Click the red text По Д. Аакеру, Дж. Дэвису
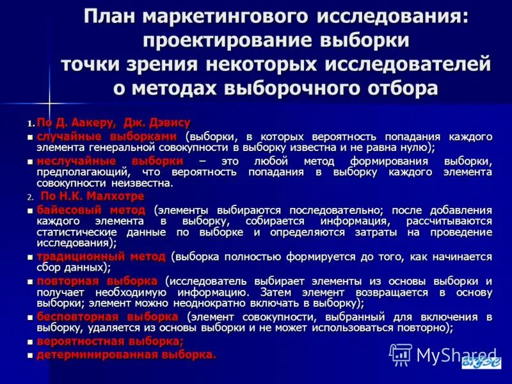(x=113, y=122)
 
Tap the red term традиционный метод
(x=100, y=256)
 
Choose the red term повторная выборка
(x=96, y=280)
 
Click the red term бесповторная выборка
(x=107, y=316)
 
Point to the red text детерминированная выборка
(x=126, y=353)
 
